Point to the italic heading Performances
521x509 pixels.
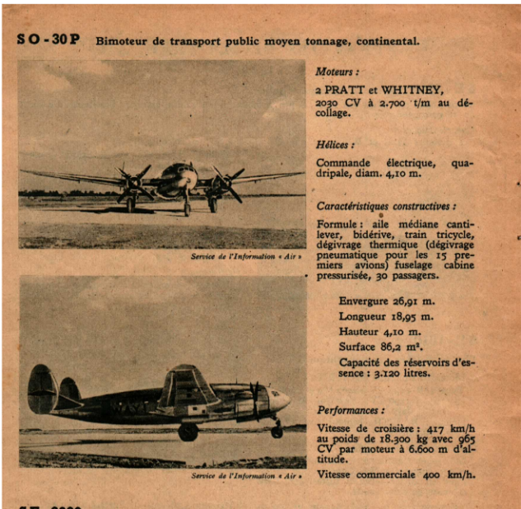[x=349, y=409]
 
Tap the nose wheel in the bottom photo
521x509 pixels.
[x=277, y=431]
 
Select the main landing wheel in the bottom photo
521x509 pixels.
[x=188, y=432]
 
